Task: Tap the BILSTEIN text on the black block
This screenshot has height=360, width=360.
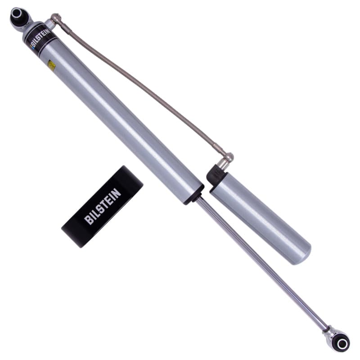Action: coord(103,207)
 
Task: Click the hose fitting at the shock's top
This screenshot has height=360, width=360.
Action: coord(56,19)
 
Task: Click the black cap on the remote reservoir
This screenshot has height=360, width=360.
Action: coord(216,175)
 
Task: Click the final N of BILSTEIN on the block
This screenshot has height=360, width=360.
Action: coord(117,193)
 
